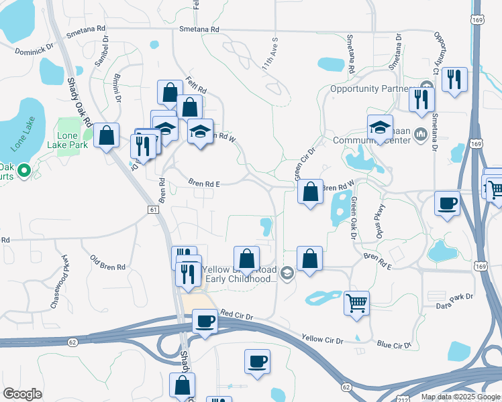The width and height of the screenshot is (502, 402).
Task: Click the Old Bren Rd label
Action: (108, 262)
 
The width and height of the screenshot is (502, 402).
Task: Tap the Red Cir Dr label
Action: (237, 314)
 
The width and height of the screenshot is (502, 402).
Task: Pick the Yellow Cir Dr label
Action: (322, 340)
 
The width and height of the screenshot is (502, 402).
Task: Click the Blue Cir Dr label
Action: (393, 344)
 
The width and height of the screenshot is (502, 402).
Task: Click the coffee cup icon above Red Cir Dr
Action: (205, 322)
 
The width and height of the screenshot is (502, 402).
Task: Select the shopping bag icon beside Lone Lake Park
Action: (106, 136)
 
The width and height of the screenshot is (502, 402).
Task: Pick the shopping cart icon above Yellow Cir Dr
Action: (356, 302)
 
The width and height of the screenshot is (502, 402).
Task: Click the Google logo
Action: (23, 394)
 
